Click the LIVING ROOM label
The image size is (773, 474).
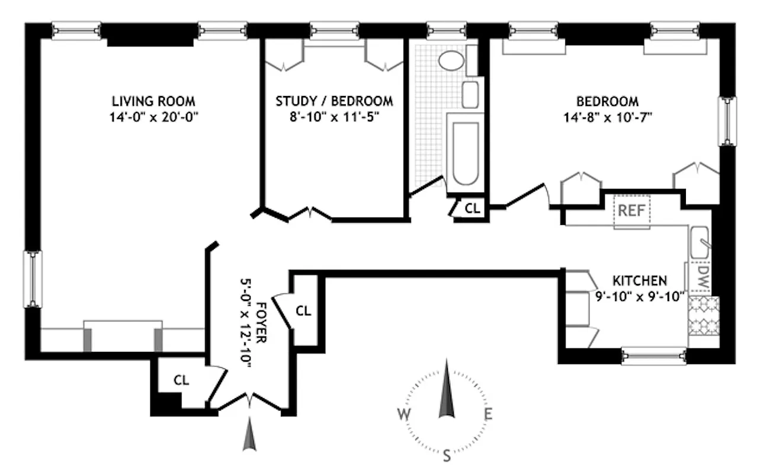point(154,101)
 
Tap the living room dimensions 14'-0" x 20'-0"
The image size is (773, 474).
point(154,116)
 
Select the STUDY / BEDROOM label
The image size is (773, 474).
point(334,101)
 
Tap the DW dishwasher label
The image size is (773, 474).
point(703,276)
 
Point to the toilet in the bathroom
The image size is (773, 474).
point(453,60)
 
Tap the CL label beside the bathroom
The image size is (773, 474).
point(472,208)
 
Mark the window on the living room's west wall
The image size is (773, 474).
point(33,279)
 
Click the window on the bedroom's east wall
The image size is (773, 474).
point(727,121)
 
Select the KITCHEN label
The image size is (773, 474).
point(640,280)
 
